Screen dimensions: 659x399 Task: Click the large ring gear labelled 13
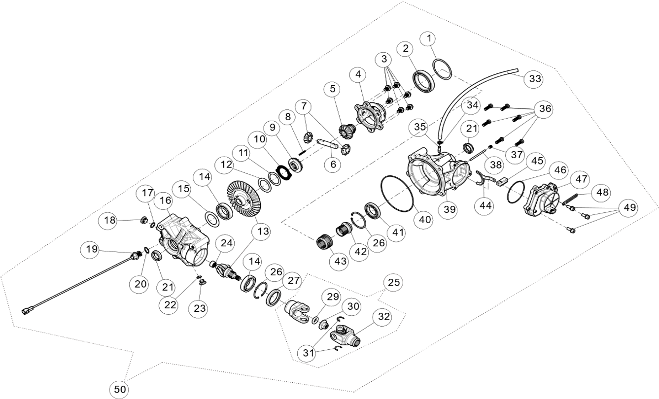244,203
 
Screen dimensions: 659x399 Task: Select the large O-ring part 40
397,194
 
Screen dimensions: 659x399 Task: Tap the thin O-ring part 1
442,69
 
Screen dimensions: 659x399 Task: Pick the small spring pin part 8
303,153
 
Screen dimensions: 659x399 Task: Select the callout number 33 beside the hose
535,78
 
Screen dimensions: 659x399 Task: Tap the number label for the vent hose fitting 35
420,127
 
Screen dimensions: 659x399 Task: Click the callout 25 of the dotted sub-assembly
394,282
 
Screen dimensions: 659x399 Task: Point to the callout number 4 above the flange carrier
358,74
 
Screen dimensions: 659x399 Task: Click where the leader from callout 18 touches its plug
140,220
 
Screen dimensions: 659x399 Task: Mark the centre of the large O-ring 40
397,194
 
